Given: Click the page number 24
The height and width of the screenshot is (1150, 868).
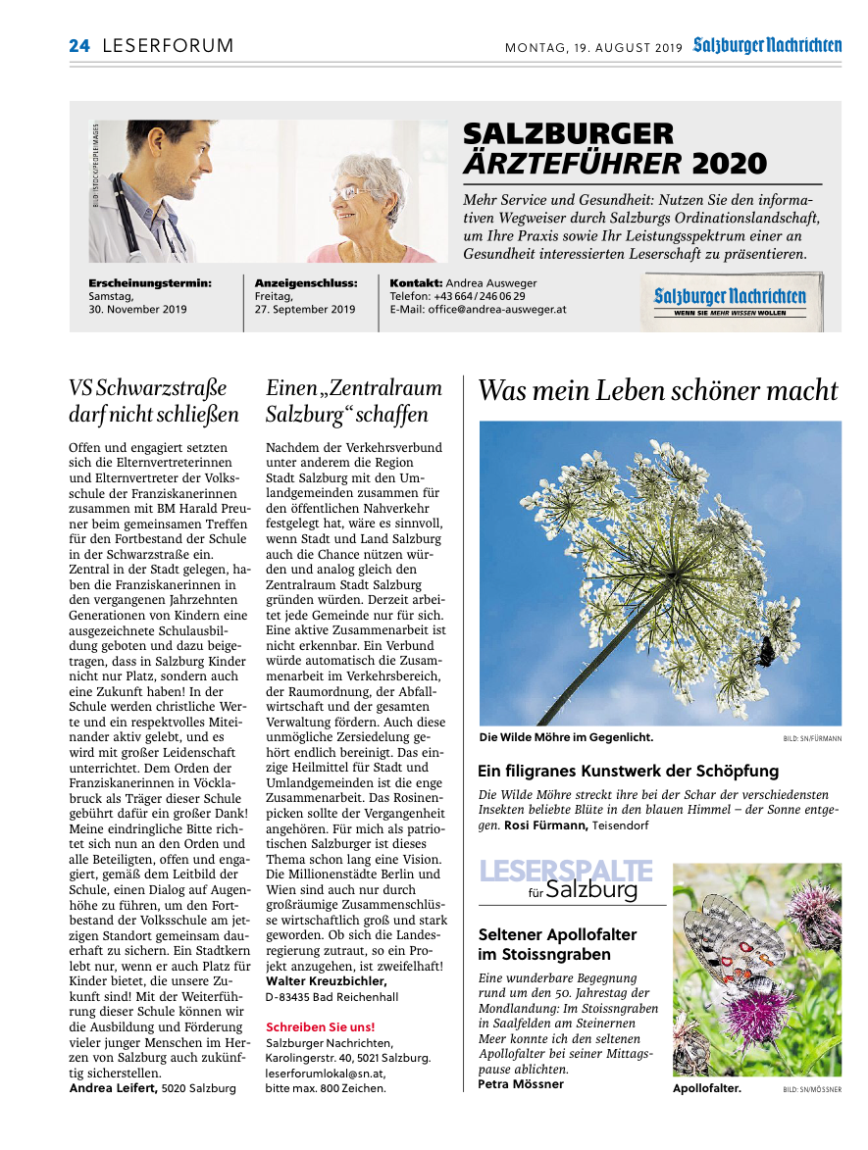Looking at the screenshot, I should [x=78, y=46].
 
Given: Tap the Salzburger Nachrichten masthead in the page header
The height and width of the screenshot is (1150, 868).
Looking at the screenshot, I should [x=767, y=45].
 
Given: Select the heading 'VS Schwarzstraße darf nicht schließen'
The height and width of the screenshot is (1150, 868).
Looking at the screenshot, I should [x=154, y=401].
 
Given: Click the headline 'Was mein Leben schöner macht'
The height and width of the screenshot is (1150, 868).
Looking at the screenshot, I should [x=658, y=391].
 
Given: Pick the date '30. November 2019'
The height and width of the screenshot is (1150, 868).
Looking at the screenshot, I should [x=137, y=309].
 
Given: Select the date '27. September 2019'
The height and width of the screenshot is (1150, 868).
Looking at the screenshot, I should [x=305, y=309].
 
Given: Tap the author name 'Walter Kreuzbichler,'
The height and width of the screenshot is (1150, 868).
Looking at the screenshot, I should [x=327, y=980].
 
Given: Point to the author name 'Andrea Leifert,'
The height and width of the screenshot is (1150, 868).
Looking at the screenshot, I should [x=114, y=1088].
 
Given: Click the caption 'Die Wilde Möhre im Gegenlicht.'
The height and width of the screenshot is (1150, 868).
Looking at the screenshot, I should [x=566, y=737].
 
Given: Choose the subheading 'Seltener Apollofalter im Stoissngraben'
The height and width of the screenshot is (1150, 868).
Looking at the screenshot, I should [x=557, y=944].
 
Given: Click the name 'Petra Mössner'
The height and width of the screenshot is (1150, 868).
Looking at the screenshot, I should [x=521, y=1083].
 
